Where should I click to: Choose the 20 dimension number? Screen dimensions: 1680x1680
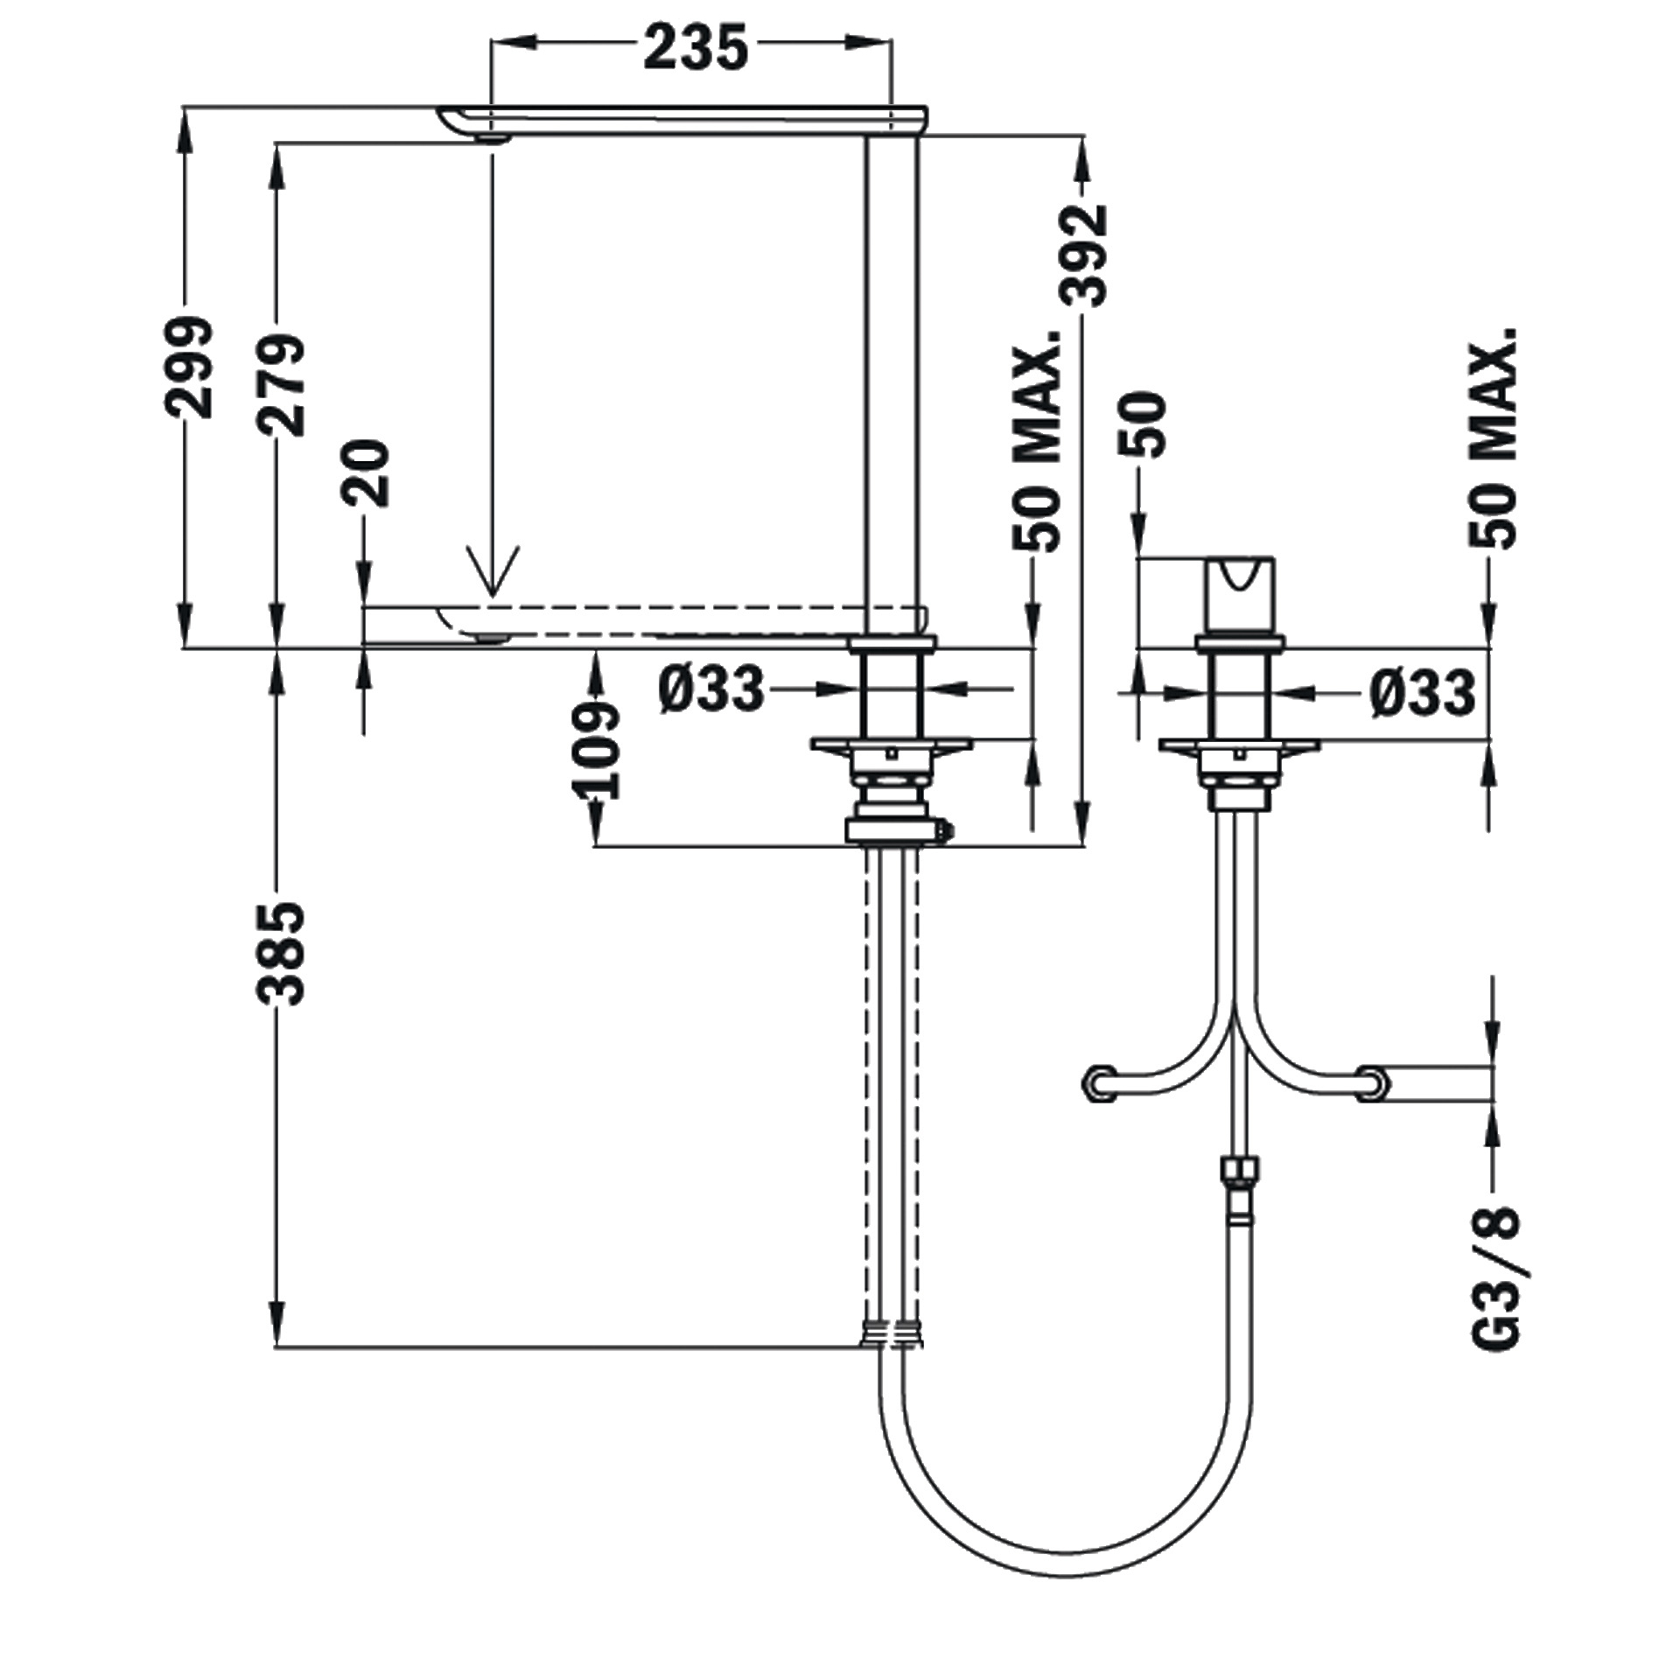point(366,472)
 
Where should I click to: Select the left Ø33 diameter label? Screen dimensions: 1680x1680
point(711,689)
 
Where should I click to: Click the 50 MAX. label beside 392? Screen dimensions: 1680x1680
point(1036,441)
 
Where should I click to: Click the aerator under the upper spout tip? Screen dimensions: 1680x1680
point(492,138)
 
